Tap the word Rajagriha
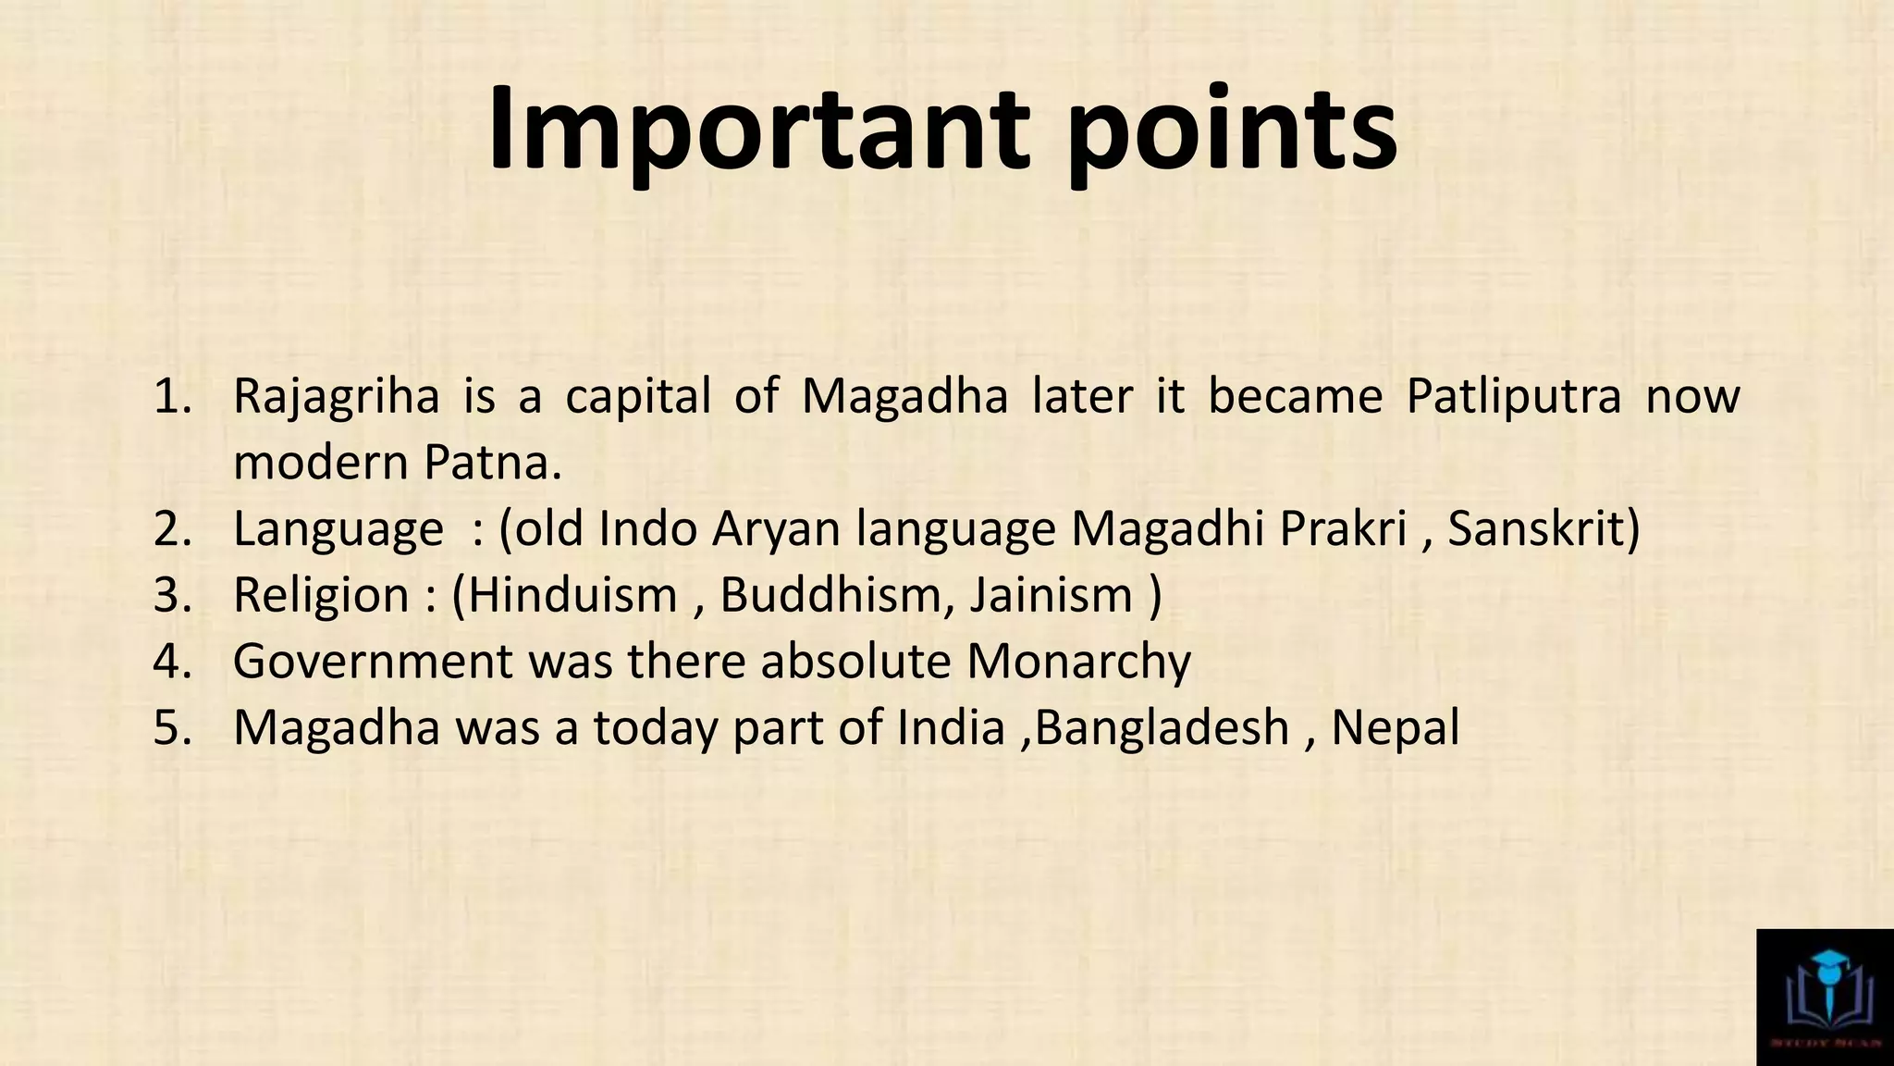[x=336, y=396]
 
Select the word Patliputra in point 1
[x=1514, y=396]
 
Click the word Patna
[x=492, y=462]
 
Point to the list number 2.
[x=172, y=528]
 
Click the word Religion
[x=321, y=594]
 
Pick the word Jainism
[x=1052, y=594]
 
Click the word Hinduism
[x=572, y=594]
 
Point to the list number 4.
[x=172, y=661]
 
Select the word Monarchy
[x=1078, y=661]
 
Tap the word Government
[x=373, y=661]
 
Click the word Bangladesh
[x=1162, y=727]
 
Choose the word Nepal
[x=1395, y=727]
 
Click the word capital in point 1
[x=638, y=398]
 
